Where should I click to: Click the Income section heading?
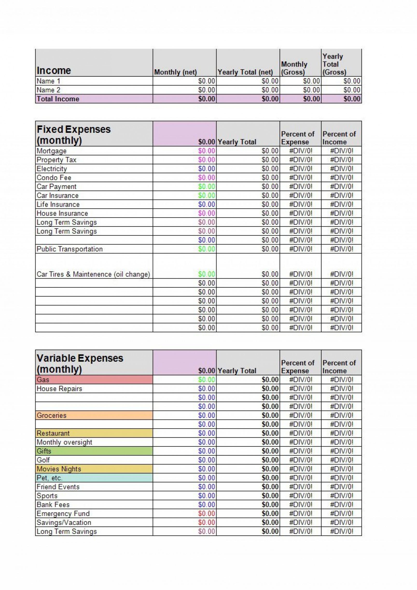(54, 71)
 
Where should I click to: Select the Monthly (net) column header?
(175, 72)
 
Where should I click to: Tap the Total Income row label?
(58, 99)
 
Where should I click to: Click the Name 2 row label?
(49, 90)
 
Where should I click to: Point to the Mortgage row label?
(52, 151)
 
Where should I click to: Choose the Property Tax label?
(56, 160)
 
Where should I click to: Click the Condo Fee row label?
(54, 178)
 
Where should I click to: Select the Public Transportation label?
(69, 249)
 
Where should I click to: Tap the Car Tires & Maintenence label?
(93, 274)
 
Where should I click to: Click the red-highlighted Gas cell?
(94, 380)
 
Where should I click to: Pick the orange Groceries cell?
(94, 415)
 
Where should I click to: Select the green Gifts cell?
(94, 451)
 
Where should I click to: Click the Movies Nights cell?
(94, 469)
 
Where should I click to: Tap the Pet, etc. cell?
(94, 478)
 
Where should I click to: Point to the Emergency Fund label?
(63, 513)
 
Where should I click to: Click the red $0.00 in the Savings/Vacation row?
(206, 522)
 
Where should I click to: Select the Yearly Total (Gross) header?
(334, 64)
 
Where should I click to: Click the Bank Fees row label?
(53, 505)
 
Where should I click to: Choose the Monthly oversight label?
(64, 442)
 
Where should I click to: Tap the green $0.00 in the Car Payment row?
(206, 186)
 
